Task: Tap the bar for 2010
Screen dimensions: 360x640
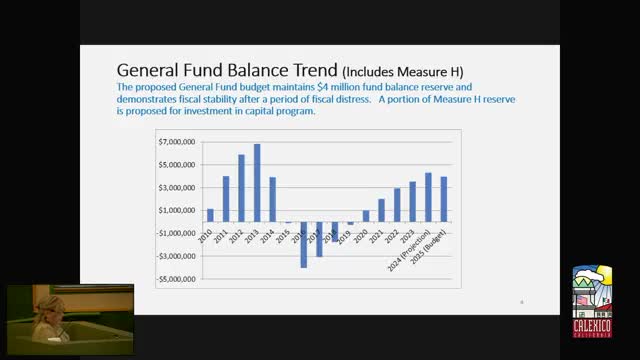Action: (x=210, y=215)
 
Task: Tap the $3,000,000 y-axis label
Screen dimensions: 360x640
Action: (x=177, y=188)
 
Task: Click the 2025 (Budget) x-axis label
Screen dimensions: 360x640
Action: (x=443, y=257)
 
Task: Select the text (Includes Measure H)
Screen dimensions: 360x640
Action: (x=405, y=73)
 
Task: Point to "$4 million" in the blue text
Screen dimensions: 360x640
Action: (x=324, y=87)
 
